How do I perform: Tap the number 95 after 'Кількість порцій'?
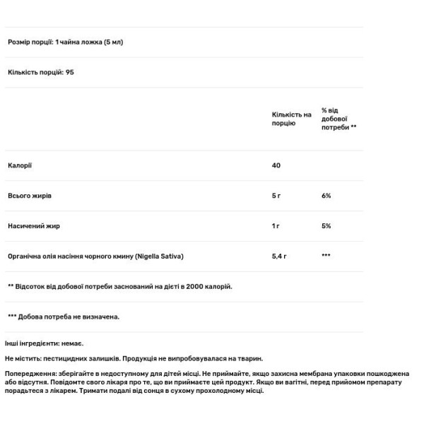coord(70,72)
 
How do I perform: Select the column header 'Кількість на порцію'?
coord(291,119)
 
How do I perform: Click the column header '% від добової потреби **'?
coord(338,119)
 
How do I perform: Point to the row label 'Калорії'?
coord(20,165)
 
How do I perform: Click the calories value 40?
coord(276,165)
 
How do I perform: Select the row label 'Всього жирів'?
coord(30,196)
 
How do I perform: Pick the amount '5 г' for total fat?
coord(276,196)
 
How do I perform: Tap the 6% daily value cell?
coord(326,196)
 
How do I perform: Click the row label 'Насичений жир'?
coord(32,226)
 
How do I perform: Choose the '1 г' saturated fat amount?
coord(276,226)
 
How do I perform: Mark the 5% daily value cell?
coord(326,226)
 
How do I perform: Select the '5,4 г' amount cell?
coord(279,256)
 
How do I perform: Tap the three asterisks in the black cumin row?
coord(326,255)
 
